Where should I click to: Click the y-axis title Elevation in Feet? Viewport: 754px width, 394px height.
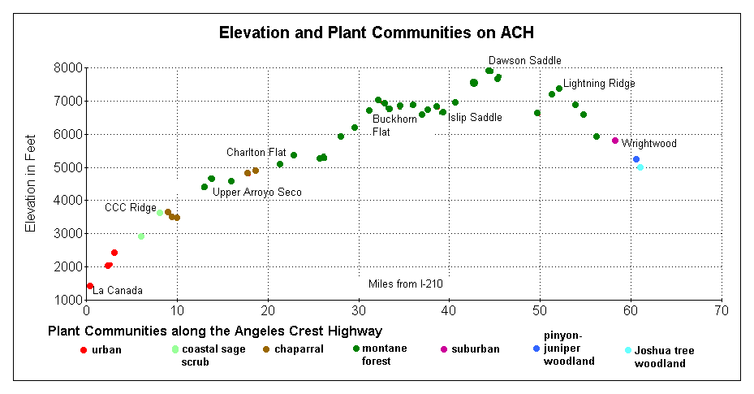[x=31, y=184]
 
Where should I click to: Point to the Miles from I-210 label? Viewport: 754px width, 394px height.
[x=405, y=284]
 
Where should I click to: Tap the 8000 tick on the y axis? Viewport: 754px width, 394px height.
[x=67, y=68]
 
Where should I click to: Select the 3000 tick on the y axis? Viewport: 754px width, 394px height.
[x=67, y=234]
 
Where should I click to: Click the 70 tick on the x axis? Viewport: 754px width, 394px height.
[x=722, y=310]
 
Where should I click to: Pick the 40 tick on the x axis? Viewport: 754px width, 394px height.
[x=449, y=310]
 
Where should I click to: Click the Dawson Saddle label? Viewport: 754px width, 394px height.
[x=524, y=61]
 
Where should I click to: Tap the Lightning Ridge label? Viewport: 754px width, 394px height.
[x=599, y=84]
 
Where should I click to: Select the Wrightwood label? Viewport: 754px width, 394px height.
[x=649, y=144]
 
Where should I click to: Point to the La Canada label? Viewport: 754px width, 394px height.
[x=118, y=291]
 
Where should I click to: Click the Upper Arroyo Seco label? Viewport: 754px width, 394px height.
[x=257, y=193]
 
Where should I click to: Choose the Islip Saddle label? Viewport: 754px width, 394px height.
[x=475, y=118]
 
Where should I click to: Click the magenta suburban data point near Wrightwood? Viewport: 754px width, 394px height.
[x=615, y=141]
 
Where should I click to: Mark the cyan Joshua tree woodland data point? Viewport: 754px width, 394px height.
[x=640, y=167]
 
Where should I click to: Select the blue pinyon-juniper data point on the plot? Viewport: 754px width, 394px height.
[x=636, y=159]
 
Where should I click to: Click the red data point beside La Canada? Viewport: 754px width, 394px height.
[x=90, y=286]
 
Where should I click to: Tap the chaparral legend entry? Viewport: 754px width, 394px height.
[x=293, y=349]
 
